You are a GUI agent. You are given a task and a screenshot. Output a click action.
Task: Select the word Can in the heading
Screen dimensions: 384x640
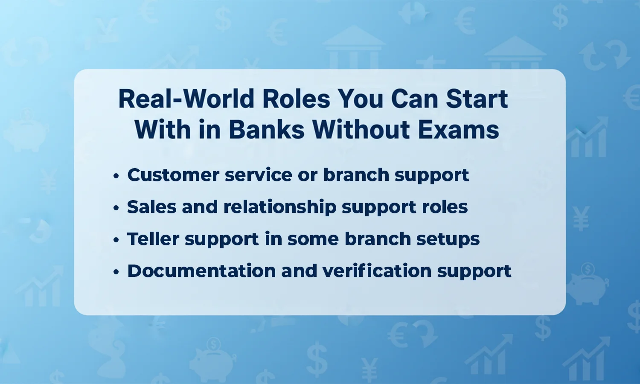coord(415,99)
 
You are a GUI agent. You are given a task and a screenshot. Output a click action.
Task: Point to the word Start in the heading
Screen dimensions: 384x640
coord(477,99)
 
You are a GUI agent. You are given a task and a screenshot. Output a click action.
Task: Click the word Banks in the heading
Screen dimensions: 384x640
coord(267,130)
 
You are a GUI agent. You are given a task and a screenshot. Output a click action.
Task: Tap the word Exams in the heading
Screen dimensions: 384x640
coord(458,130)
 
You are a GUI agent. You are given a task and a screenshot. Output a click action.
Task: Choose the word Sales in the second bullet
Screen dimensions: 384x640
coord(151,207)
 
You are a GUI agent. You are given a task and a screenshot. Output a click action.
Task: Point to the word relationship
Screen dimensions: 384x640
coord(280,207)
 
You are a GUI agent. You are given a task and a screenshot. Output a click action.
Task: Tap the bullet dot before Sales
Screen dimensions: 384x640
coord(116,208)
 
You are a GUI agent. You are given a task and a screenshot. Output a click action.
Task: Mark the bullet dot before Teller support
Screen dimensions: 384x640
coord(116,240)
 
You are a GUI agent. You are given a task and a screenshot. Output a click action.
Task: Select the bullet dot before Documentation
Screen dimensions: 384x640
coord(116,272)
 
